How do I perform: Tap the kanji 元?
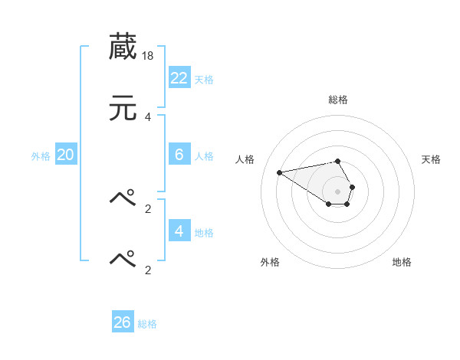[123, 109]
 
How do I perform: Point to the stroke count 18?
[149, 56]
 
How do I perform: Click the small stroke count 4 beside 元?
[148, 116]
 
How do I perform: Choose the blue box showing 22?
[179, 78]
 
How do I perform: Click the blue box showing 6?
[179, 155]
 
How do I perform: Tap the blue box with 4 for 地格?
[179, 231]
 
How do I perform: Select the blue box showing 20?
[66, 155]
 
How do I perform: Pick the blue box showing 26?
[123, 322]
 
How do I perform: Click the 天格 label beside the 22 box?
[204, 80]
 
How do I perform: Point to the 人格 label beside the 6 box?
[204, 156]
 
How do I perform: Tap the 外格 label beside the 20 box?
[41, 156]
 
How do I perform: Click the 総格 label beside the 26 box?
[147, 324]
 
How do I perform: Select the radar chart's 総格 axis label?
[337, 100]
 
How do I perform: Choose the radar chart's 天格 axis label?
[431, 159]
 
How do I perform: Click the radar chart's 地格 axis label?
[402, 262]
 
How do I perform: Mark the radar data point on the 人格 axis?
[279, 172]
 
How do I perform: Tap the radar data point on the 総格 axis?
[337, 161]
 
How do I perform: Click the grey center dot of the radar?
[337, 191]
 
